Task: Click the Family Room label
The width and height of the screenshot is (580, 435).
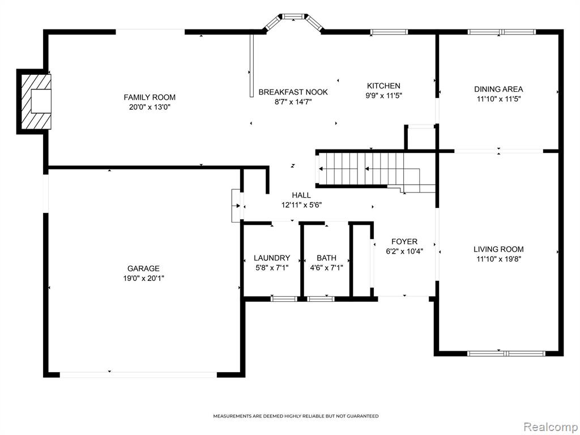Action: pos(150,97)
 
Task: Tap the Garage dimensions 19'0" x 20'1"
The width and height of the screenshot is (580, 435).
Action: pos(143,278)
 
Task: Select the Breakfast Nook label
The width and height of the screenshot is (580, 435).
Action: pos(293,92)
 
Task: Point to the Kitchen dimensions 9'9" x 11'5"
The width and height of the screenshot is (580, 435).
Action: pos(383,95)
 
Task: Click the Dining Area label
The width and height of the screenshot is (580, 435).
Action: pos(498,89)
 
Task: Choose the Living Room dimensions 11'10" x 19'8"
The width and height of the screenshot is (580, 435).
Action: pos(498,259)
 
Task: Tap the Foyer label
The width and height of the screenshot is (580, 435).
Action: pos(404,241)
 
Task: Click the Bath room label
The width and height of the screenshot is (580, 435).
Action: pos(327,258)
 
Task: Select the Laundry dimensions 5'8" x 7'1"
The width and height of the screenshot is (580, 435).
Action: pos(272,267)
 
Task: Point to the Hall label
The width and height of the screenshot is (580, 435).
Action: pos(301,195)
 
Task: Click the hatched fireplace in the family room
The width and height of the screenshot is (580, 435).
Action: pos(36,101)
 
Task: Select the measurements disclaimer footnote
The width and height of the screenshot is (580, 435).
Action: pos(296,416)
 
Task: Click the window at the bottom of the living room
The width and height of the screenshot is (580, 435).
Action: pos(506,353)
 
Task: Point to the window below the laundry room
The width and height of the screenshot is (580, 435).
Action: pos(284,299)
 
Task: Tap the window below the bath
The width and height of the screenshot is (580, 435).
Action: pos(321,299)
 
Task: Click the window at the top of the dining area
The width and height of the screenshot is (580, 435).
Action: pos(502,32)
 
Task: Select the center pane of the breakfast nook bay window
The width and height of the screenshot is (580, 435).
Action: pos(293,16)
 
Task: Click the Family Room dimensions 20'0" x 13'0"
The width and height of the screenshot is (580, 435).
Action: pos(150,107)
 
